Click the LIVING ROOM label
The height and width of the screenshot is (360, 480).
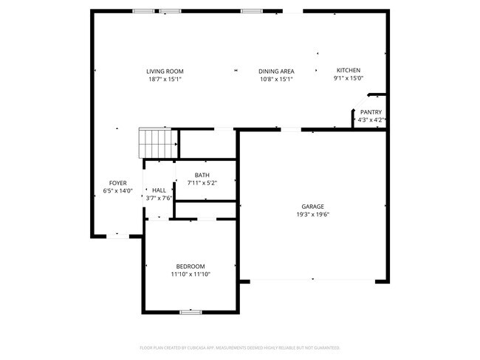click(164, 71)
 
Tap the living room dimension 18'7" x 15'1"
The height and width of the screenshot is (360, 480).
click(164, 78)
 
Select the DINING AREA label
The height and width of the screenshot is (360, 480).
click(276, 71)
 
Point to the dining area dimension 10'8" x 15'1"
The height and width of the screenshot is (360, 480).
click(276, 78)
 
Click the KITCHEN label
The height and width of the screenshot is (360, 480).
click(349, 70)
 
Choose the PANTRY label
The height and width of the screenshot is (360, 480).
click(371, 112)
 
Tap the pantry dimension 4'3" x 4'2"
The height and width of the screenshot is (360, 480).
click(371, 120)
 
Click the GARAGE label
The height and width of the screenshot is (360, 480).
click(312, 207)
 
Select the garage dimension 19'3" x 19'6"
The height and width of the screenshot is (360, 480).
click(312, 215)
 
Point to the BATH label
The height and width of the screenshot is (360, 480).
click(202, 175)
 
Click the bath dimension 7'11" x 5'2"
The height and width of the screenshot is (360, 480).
click(202, 182)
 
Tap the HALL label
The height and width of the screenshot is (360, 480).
click(159, 190)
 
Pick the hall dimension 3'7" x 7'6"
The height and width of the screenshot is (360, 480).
click(159, 198)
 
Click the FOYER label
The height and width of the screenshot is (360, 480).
click(118, 183)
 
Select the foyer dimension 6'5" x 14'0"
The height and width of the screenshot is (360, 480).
click(118, 190)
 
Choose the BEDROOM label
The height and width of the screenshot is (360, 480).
click(191, 266)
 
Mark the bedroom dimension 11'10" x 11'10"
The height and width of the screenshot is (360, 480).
click(191, 274)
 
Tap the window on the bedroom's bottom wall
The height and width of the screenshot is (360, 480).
click(191, 312)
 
